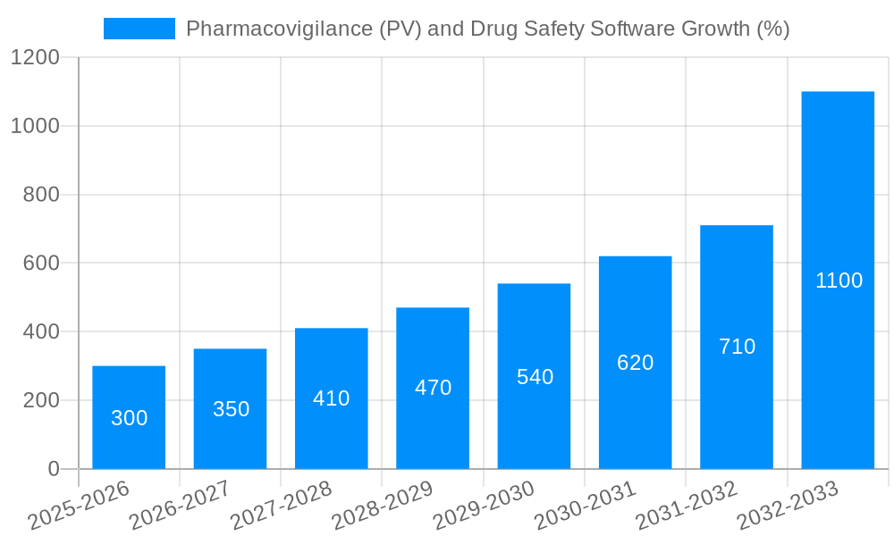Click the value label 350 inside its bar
click(231, 409)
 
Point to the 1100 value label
click(839, 281)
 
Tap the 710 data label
click(737, 347)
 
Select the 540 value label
click(535, 377)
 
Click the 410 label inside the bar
click(331, 398)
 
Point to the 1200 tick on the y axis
click(35, 58)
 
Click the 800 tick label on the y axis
click(41, 195)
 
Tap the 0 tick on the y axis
click(54, 469)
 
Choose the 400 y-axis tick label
click(41, 331)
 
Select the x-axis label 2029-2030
click(484, 505)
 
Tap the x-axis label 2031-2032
click(687, 505)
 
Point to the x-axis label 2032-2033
click(788, 505)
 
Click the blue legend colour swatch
click(139, 29)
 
